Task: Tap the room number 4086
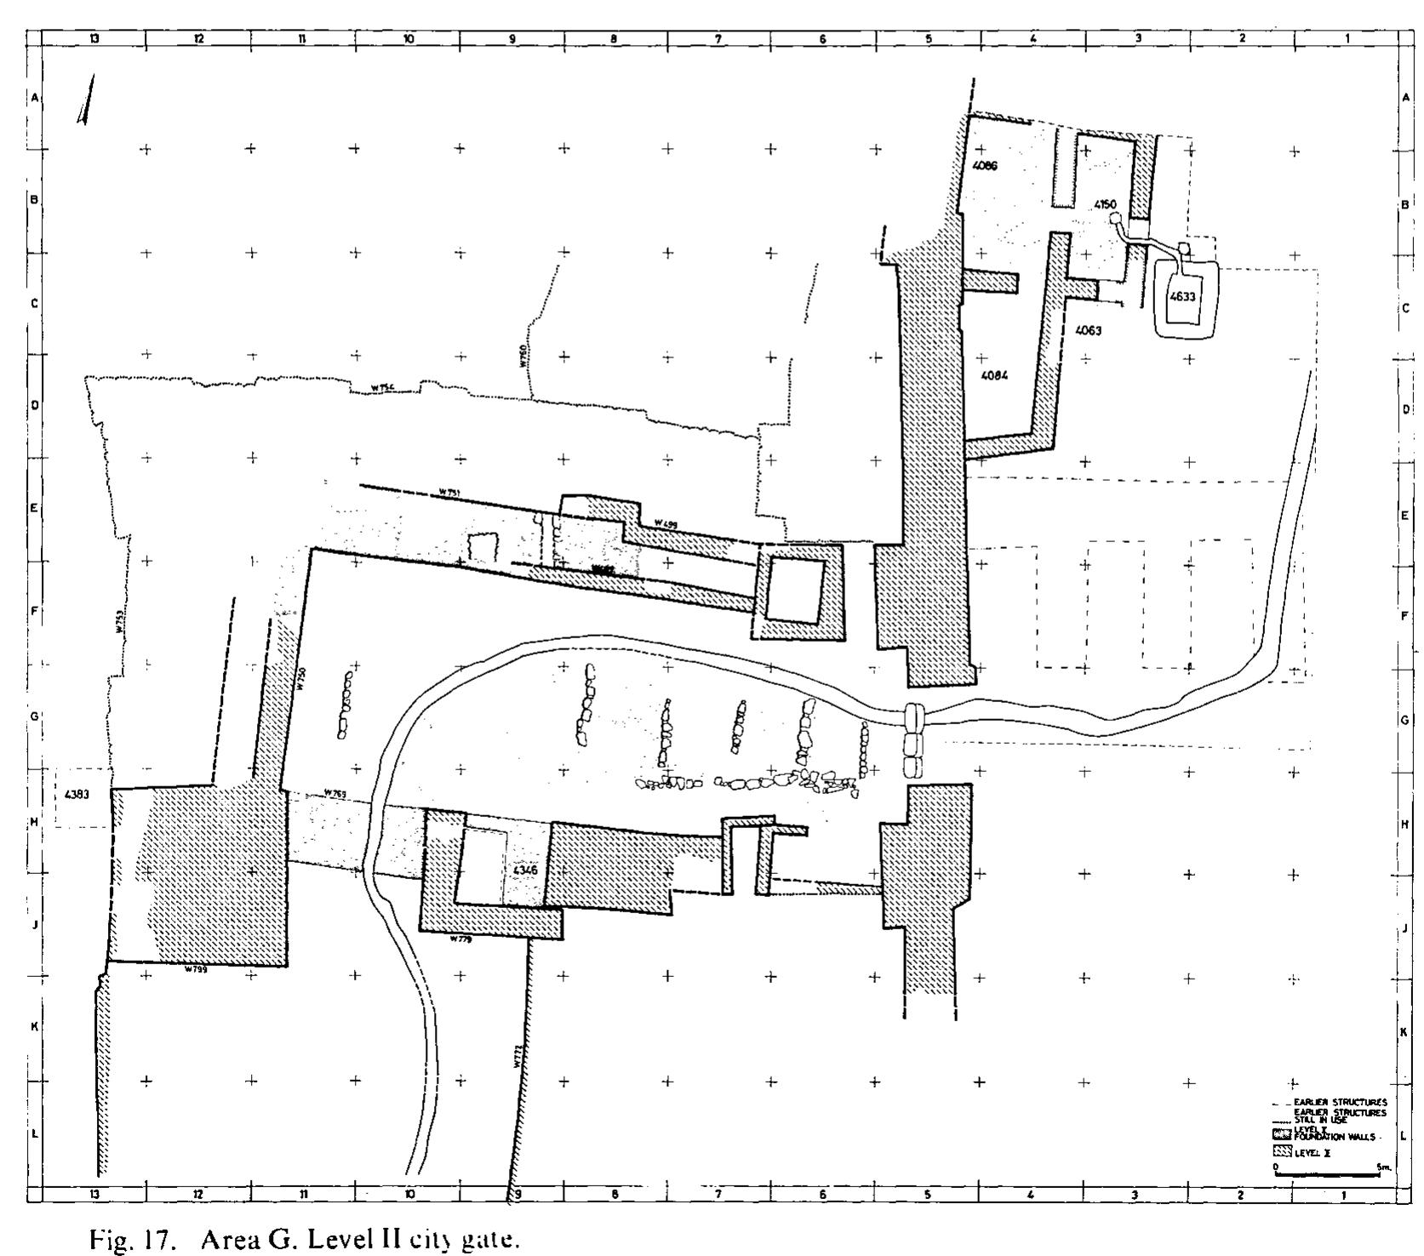(x=985, y=165)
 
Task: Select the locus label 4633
(x=1183, y=297)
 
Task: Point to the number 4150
(x=1105, y=204)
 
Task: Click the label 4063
(x=1088, y=330)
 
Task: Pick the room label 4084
(x=994, y=376)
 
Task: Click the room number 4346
(x=525, y=871)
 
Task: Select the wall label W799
(x=195, y=969)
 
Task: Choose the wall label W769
(x=335, y=795)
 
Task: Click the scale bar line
(x=1326, y=1174)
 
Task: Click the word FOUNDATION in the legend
(x=1321, y=1136)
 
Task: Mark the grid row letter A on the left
(x=35, y=98)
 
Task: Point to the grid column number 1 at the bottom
(x=1344, y=1195)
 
